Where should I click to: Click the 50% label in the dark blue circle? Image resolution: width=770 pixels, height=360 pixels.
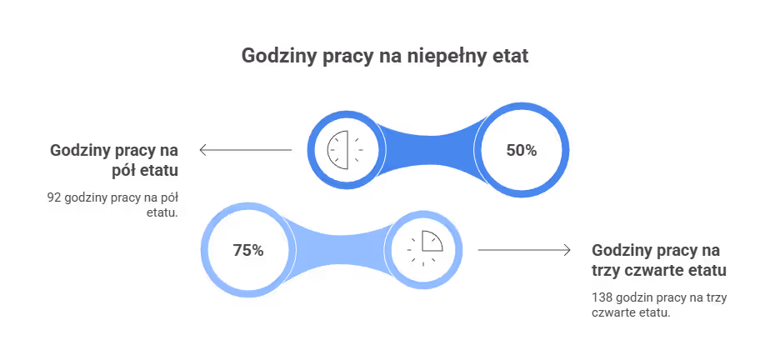coord(522,150)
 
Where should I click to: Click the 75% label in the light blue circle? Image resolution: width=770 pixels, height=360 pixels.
coord(248,251)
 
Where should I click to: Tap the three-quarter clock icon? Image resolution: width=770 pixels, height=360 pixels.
coord(425,248)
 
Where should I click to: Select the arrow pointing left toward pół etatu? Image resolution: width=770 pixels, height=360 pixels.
coord(246,150)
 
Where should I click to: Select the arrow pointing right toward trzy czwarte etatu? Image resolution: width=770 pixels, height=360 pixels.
coord(524,250)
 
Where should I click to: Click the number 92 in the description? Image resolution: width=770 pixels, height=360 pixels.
coord(54,197)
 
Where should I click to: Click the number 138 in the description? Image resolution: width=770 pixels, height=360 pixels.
coord(601,297)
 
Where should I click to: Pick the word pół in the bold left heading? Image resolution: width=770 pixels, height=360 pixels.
coord(122,171)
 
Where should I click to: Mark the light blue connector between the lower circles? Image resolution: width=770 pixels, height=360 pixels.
coord(342,250)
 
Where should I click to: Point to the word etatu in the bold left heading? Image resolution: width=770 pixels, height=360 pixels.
coord(158,171)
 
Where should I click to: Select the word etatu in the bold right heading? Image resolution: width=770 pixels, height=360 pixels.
coord(707,271)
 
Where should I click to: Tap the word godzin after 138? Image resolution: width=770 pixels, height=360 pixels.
coord(629,297)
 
